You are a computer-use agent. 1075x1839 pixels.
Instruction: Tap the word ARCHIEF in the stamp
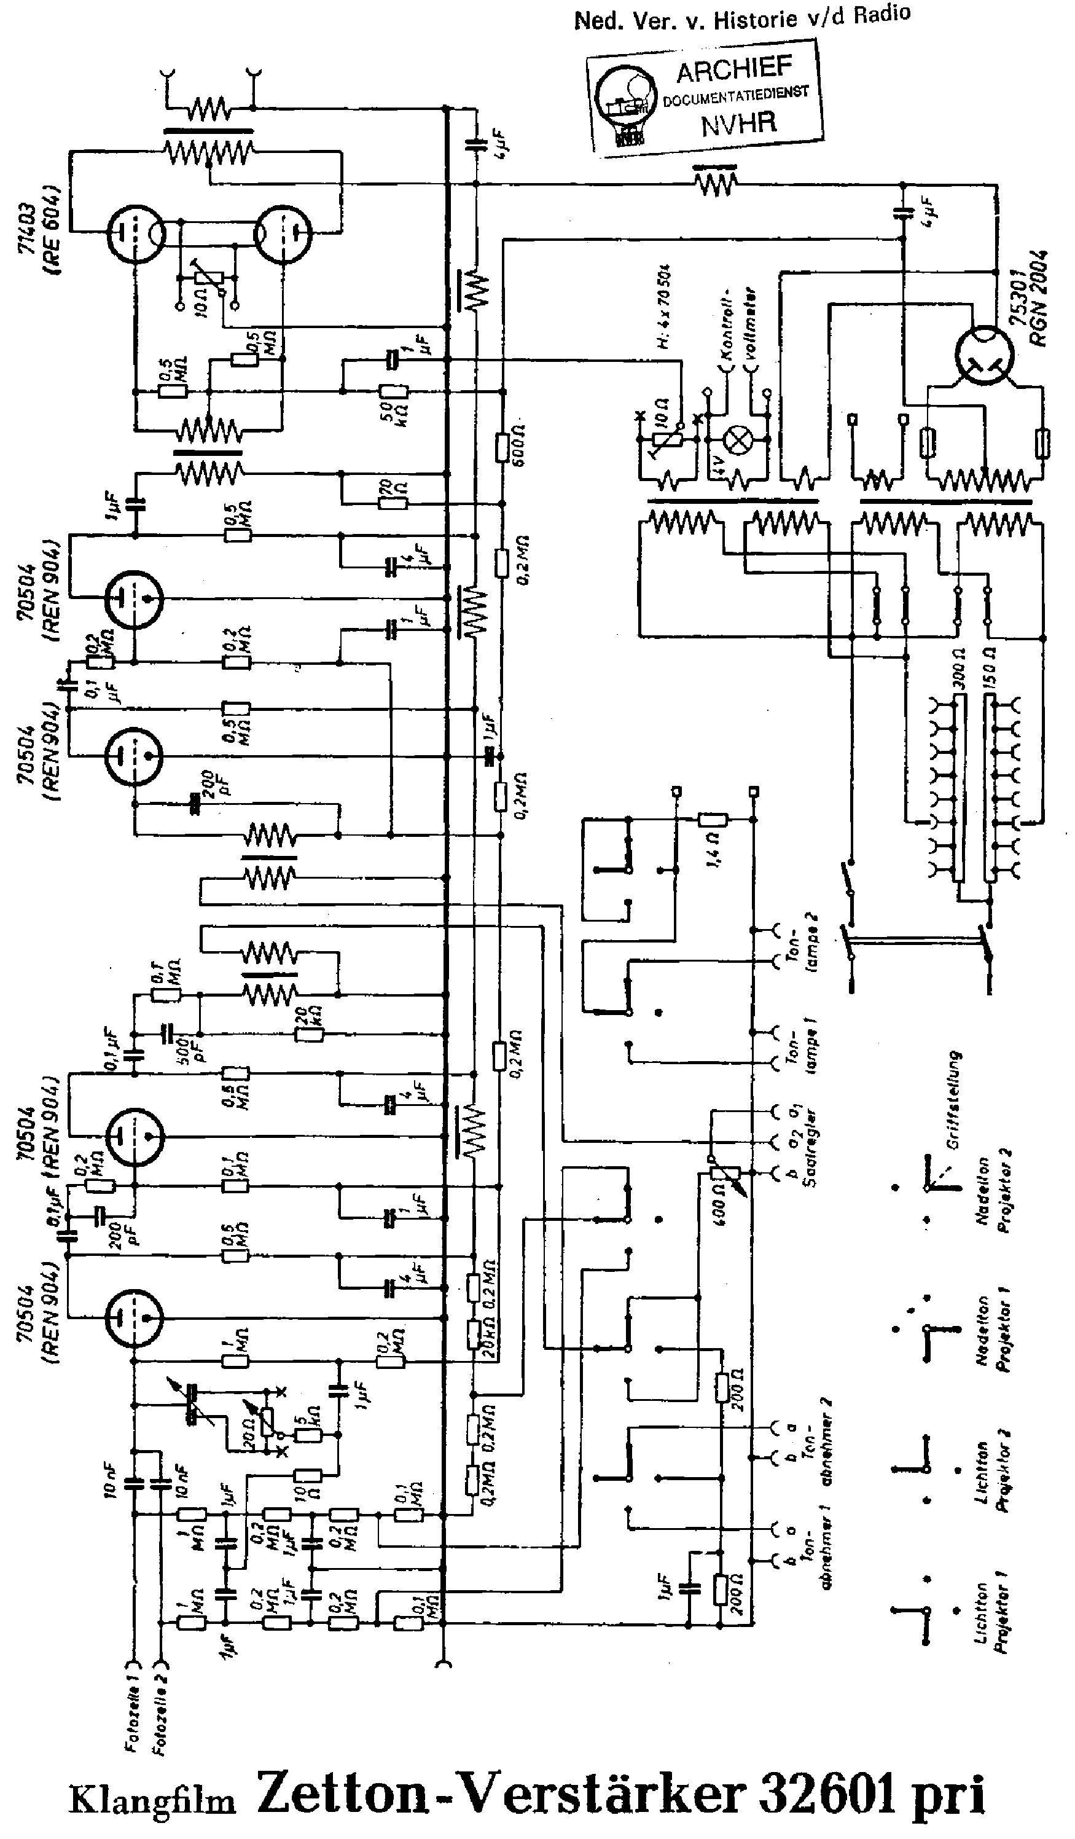point(733,70)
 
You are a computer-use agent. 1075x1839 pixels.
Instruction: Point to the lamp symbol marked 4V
point(737,440)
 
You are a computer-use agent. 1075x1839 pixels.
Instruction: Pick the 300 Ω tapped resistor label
point(958,670)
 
